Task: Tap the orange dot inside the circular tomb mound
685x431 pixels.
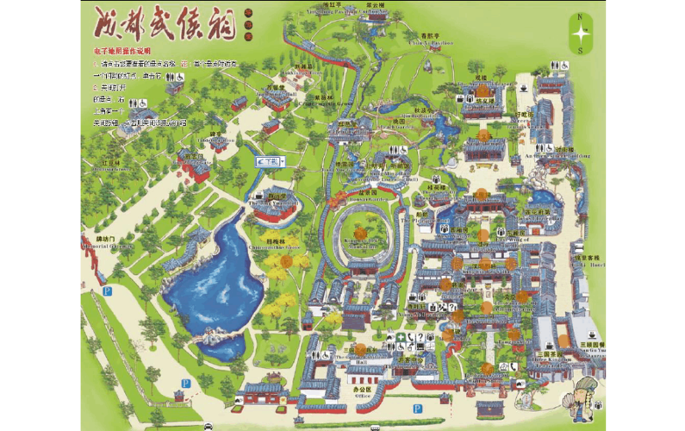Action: [361, 234]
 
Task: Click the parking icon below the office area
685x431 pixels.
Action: [417, 408]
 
